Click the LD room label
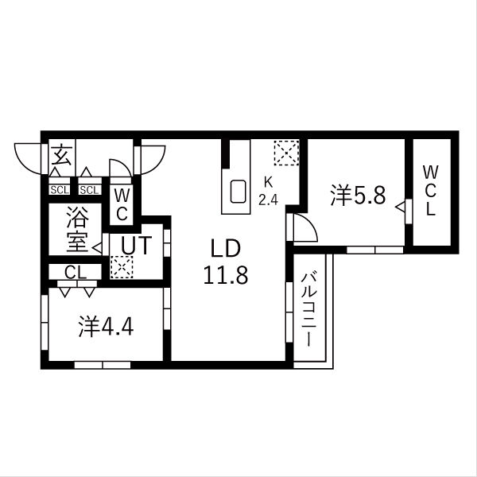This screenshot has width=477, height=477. tap(226, 249)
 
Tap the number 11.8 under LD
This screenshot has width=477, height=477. tap(226, 275)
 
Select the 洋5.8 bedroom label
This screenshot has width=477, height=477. tap(359, 196)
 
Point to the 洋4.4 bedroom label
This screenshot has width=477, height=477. tap(106, 327)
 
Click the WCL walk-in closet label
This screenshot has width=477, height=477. tap(430, 191)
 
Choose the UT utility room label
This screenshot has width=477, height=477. tap(136, 245)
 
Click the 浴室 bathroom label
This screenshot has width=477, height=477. tap(77, 229)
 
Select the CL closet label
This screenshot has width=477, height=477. tap(76, 272)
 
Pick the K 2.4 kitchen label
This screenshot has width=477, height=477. tap(268, 191)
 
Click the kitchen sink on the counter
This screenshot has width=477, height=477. tap(238, 192)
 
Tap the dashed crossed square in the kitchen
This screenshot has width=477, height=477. tap(286, 153)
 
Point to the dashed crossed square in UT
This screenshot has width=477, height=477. tap(122, 267)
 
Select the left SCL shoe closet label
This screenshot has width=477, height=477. tap(60, 190)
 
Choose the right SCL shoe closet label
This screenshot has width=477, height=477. tap(89, 190)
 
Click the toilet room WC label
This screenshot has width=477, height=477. tap(122, 205)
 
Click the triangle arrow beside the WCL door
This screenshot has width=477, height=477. tap(400, 207)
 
